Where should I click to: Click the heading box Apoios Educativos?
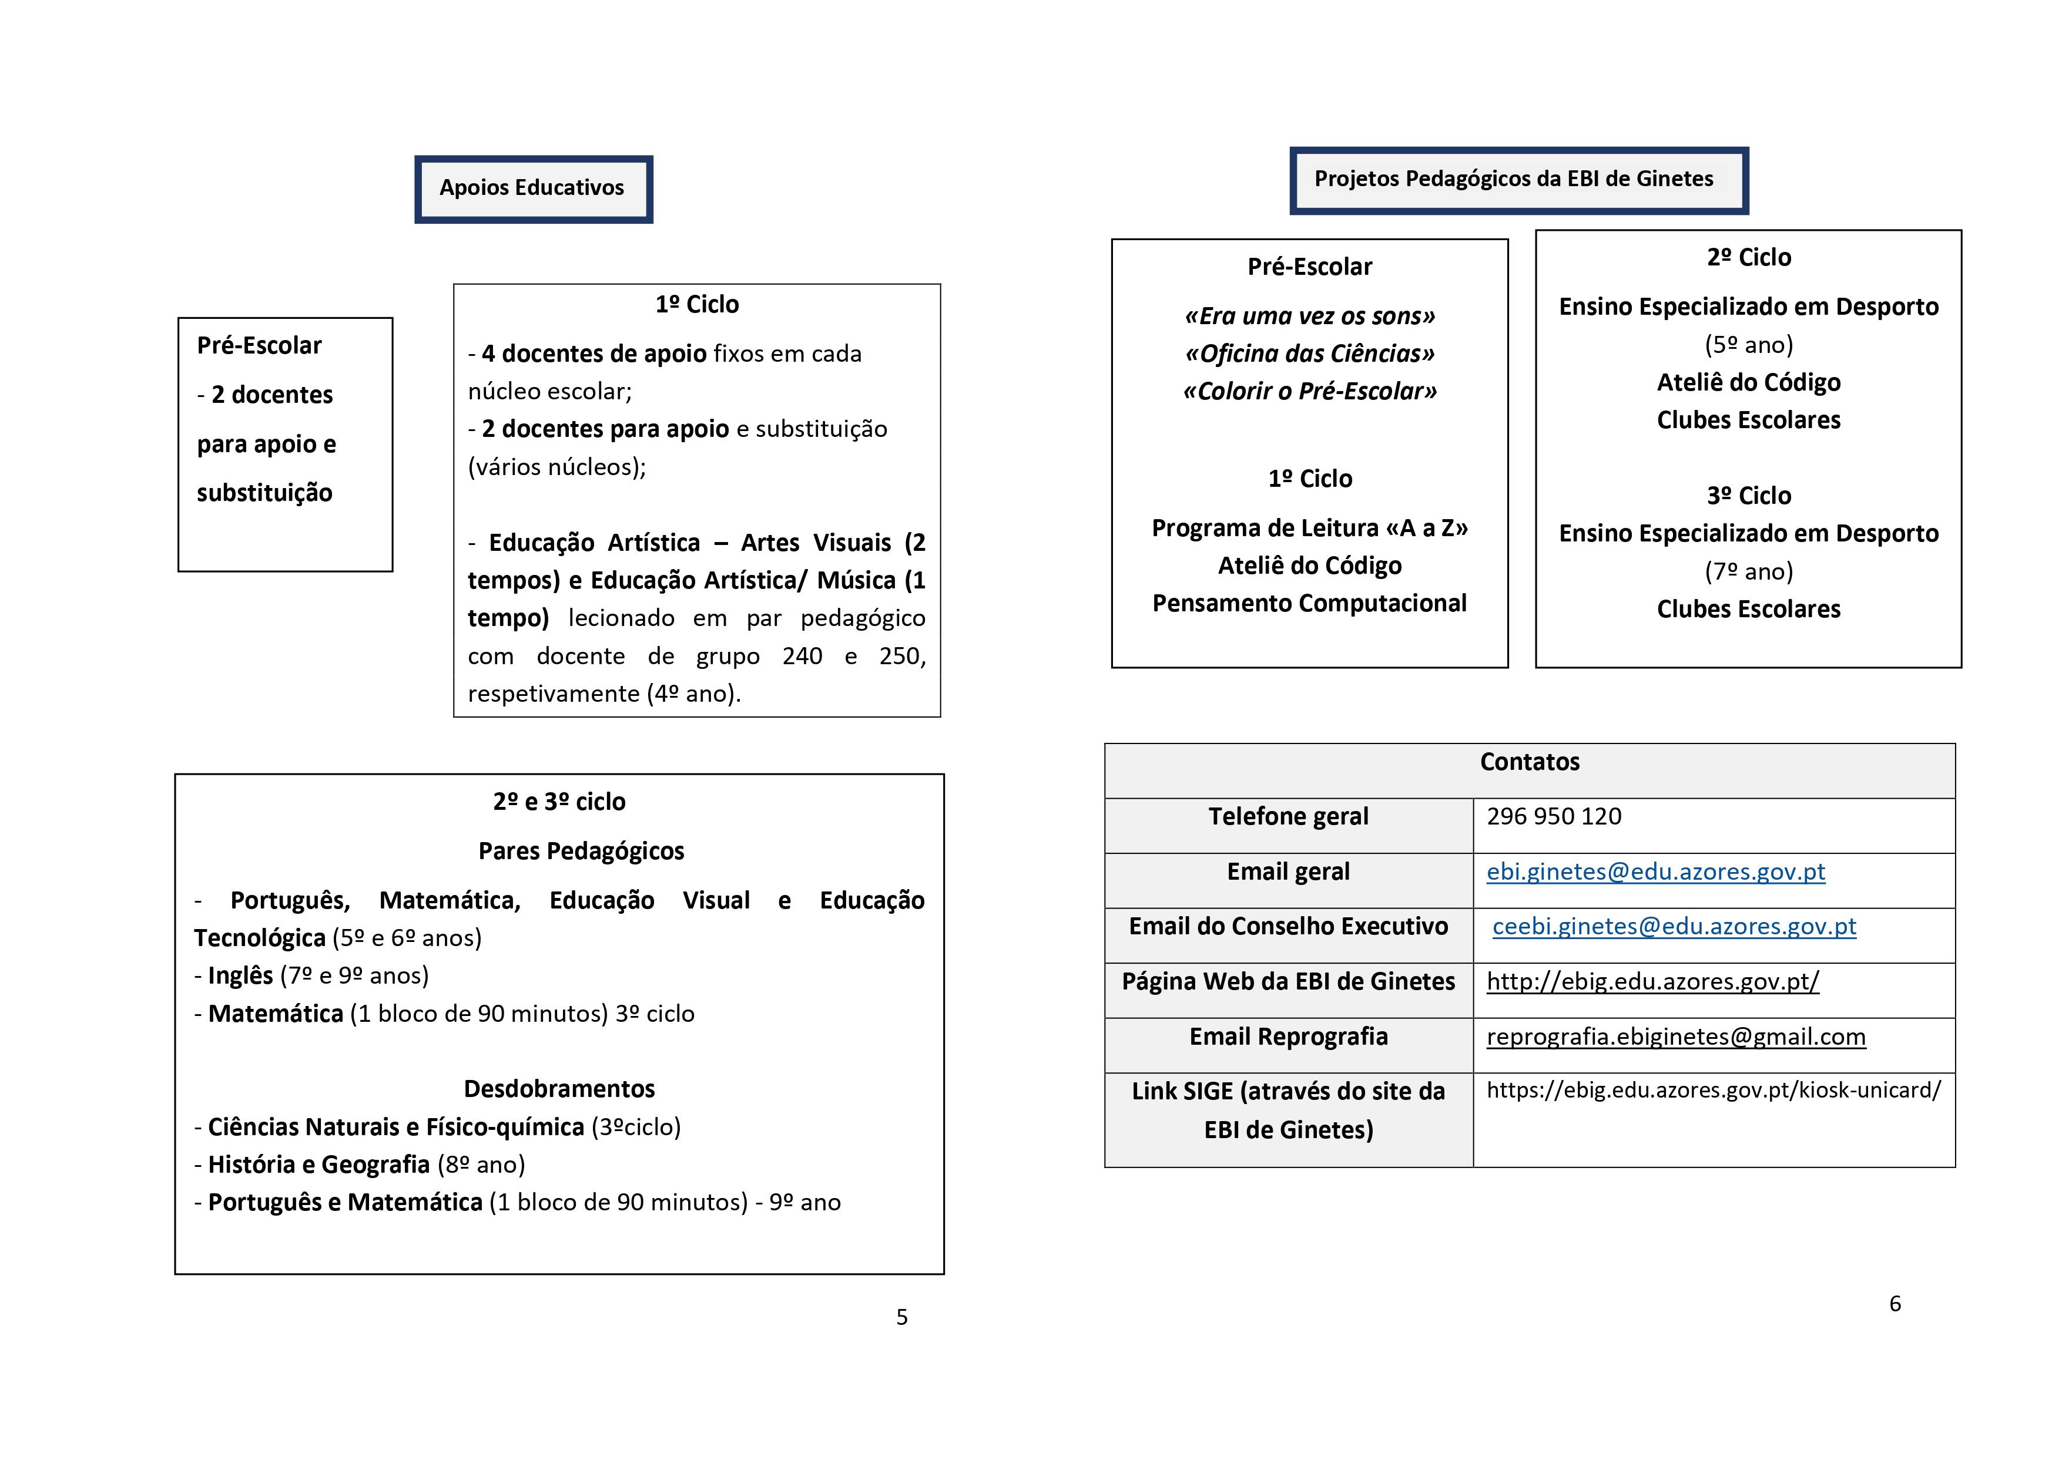532,189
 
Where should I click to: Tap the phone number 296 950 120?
1554,817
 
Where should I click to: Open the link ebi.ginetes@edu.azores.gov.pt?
1655,871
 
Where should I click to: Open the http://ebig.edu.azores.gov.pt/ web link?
1652,981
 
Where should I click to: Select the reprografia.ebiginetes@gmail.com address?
1676,1037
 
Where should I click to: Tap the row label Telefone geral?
1288,817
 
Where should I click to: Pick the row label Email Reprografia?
1288,1037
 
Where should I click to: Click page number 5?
901,1317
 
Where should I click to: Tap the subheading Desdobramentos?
559,1089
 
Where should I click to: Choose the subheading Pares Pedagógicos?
581,851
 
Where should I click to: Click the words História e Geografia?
319,1165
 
